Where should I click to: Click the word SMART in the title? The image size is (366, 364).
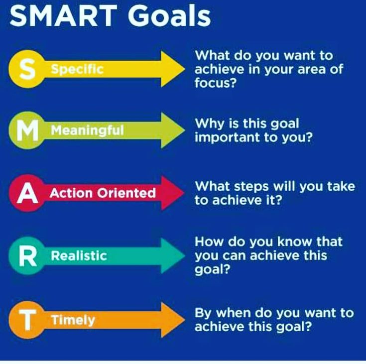63,15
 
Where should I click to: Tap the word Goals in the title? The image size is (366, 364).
169,15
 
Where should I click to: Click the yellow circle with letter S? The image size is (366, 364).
27,69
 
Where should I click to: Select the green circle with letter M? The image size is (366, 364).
27,130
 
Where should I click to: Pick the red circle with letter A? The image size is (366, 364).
27,193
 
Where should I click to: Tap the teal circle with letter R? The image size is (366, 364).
27,255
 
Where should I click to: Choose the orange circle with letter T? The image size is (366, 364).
27,320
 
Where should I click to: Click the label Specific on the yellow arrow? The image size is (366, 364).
77,69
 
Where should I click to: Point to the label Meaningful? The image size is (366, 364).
87,130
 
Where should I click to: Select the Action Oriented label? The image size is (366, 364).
103,193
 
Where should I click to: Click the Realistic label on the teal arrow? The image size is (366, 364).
79,255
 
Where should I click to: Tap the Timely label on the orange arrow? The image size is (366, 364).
73,320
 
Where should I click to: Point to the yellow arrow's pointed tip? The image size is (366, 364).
185,69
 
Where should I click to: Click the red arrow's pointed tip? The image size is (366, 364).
184,193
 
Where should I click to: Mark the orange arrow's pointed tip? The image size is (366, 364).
185,320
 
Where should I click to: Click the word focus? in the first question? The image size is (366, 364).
216,83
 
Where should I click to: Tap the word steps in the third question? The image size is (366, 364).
251,187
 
